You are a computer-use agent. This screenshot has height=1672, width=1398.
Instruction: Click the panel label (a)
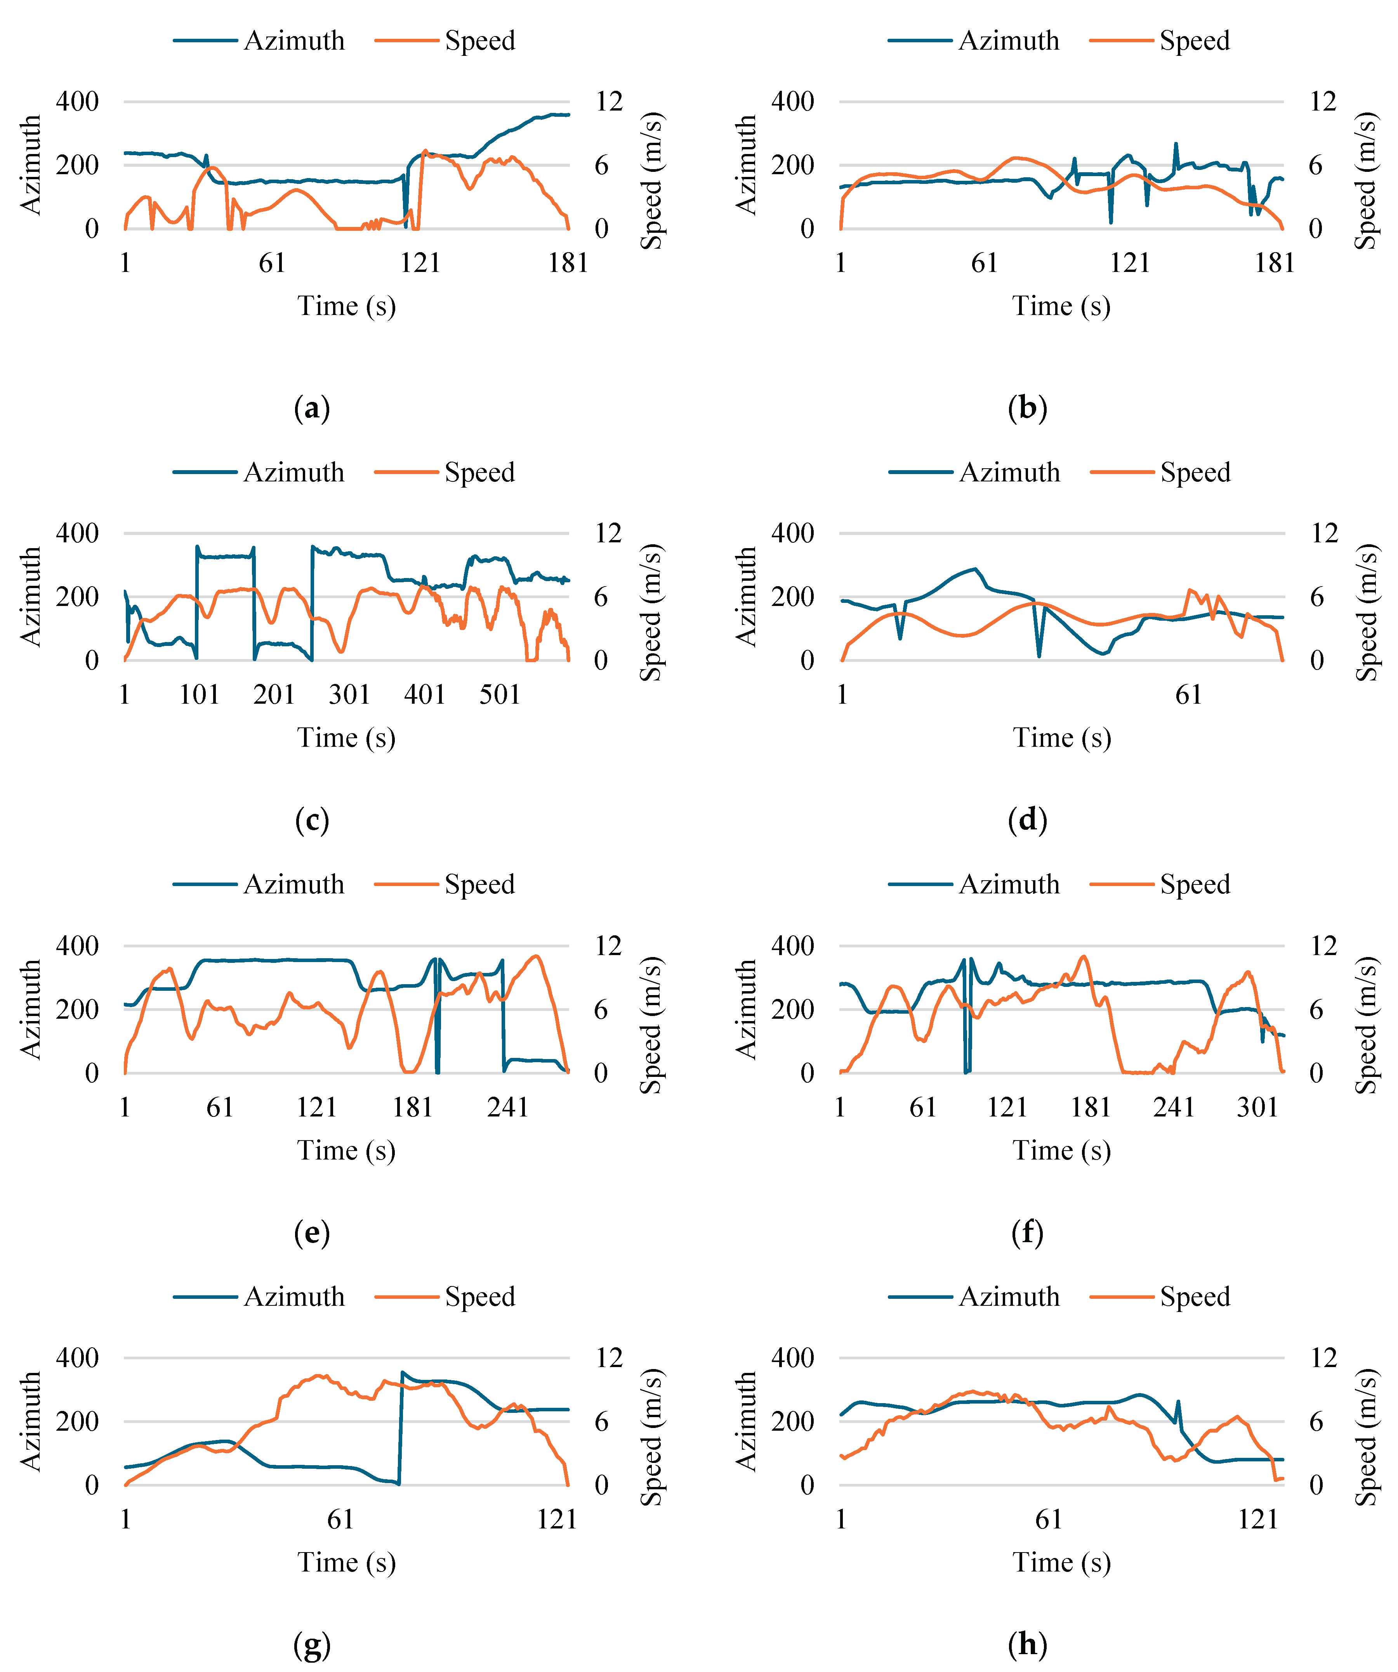(x=311, y=408)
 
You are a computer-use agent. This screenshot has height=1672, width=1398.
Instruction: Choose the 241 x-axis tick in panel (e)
(x=508, y=1107)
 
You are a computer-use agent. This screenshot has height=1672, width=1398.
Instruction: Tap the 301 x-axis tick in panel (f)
(x=1257, y=1107)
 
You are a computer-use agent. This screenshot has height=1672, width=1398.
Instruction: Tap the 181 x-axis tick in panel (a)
(x=568, y=263)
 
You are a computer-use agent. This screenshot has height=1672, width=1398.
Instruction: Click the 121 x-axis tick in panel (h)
(x=1258, y=1519)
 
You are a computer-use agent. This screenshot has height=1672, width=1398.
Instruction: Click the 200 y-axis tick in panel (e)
(x=77, y=1009)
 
